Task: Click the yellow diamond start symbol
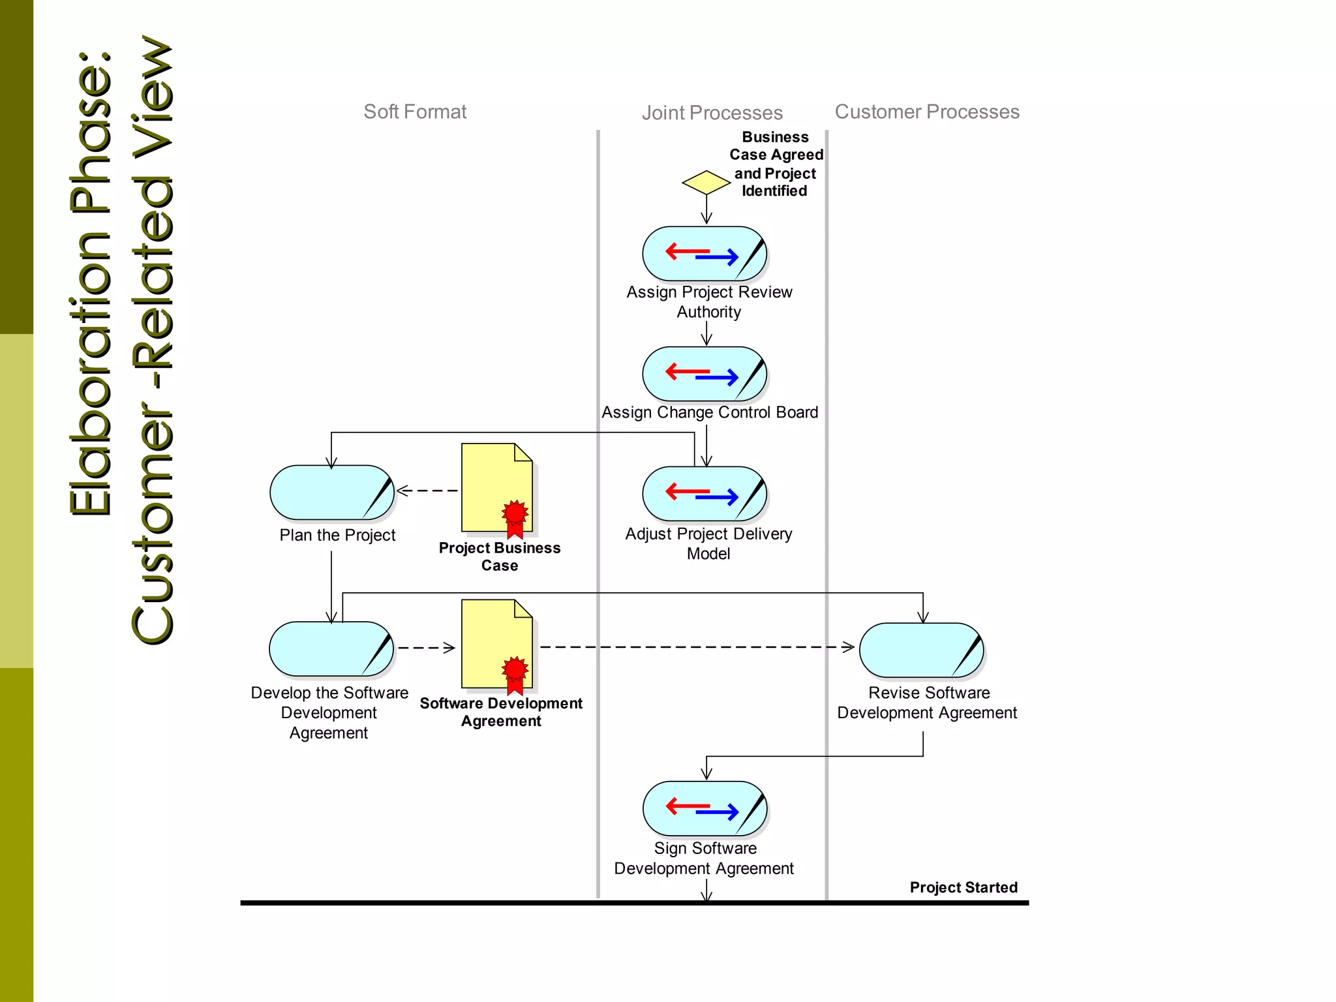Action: click(706, 183)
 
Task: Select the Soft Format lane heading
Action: click(415, 112)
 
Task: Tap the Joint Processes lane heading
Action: click(712, 113)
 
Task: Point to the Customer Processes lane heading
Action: click(926, 112)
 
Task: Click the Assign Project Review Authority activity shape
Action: click(704, 254)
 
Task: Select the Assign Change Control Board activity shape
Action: click(704, 374)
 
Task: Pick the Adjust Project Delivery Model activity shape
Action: click(704, 494)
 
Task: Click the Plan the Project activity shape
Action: click(331, 493)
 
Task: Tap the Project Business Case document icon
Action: click(496, 487)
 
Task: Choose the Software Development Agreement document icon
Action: click(496, 644)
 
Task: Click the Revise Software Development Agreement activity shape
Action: click(920, 650)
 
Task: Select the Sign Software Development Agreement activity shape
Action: click(704, 809)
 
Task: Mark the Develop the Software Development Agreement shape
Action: click(331, 649)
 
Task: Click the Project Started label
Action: click(963, 887)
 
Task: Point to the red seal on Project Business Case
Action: click(515, 514)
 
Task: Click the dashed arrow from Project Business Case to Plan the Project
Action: click(427, 491)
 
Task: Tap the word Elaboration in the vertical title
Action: click(91, 365)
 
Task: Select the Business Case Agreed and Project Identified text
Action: click(775, 164)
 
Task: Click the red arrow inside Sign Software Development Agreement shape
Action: click(686, 806)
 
